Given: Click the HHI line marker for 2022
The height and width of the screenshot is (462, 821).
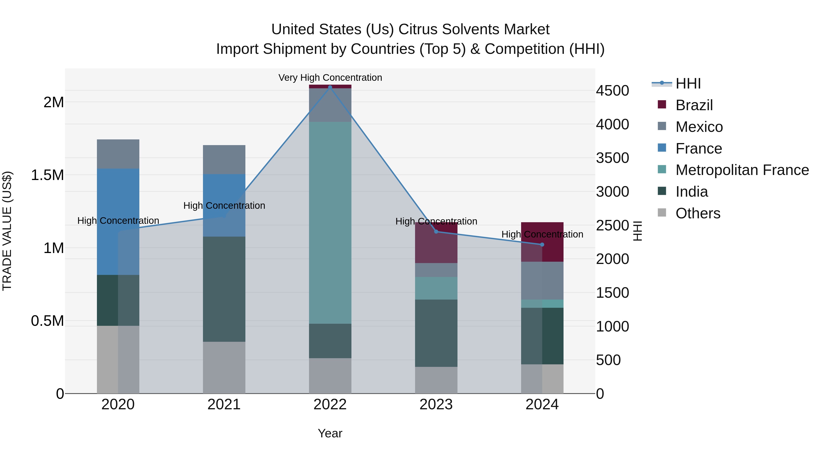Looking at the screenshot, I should coord(330,87).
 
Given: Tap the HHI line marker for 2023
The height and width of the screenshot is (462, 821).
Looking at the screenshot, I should coord(436,232).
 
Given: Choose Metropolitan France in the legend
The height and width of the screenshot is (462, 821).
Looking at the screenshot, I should coord(742,170).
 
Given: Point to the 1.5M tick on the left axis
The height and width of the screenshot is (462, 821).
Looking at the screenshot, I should coord(47,175).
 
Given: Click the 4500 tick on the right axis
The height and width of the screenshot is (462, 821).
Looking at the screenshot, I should coord(612,91).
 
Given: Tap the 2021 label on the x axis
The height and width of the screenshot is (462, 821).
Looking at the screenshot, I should coord(224,405).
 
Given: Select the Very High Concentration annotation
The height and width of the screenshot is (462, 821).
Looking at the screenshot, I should coord(330,78).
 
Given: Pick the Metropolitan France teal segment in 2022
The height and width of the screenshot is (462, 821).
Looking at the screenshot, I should coord(330,222).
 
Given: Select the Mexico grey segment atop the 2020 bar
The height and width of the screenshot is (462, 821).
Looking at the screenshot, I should coord(118,154).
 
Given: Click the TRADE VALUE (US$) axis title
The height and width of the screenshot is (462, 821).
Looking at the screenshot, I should coord(7,231).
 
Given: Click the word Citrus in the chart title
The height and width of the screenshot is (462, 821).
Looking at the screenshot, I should coord(418,29).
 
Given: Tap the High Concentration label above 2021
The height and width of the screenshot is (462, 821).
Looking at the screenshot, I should coord(224,206).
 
